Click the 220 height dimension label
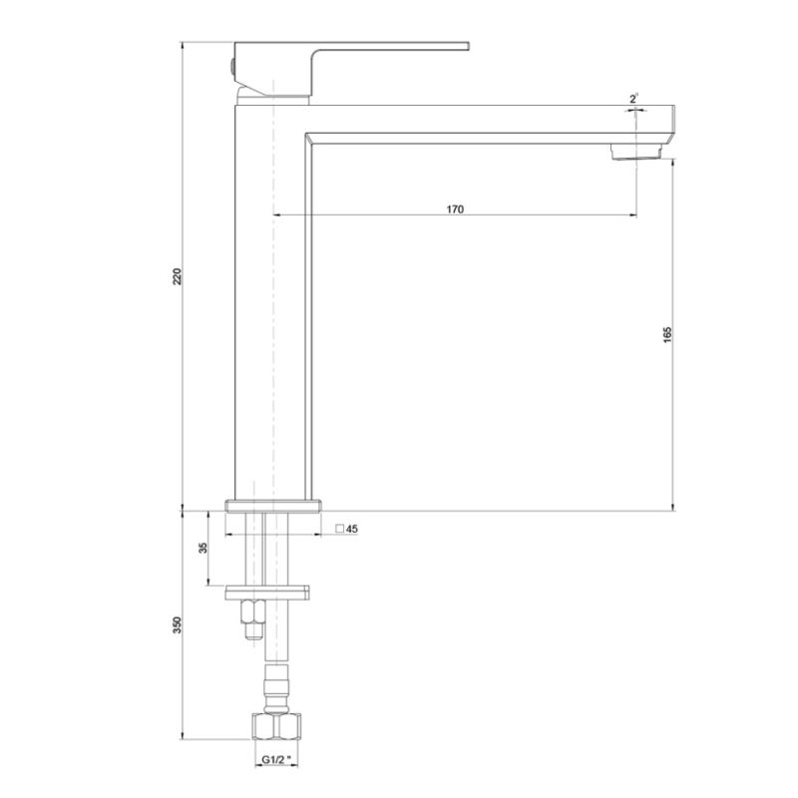177,276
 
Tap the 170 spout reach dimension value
455,209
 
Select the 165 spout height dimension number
667,335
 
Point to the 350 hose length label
177,625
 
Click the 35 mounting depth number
203,548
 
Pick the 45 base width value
352,529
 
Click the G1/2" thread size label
277,760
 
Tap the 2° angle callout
633,99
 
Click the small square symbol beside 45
339,529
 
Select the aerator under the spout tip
636,152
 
